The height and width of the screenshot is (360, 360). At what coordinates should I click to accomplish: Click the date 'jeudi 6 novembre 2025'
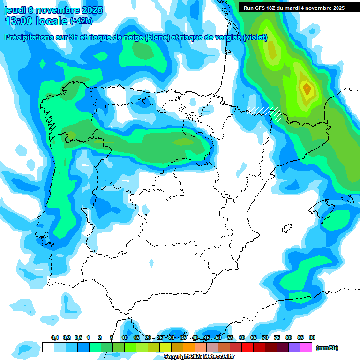tap(54, 9)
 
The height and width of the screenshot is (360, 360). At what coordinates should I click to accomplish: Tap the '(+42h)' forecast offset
tap(82, 21)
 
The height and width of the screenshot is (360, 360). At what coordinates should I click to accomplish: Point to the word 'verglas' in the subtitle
tap(226, 38)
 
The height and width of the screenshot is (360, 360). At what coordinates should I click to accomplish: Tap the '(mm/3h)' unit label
tap(327, 348)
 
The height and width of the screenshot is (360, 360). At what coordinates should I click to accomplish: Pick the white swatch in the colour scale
tap(48, 347)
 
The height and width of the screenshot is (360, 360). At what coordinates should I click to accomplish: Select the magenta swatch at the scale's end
tap(306, 347)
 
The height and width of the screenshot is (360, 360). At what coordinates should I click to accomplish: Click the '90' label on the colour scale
tap(312, 337)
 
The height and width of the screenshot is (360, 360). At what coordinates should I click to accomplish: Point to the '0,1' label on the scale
tap(54, 337)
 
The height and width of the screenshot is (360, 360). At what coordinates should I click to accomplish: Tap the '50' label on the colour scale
tap(218, 337)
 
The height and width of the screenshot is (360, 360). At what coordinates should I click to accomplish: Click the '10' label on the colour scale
tap(125, 337)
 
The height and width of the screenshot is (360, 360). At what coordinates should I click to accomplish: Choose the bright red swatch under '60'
tap(247, 347)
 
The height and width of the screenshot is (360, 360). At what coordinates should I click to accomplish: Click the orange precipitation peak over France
tap(307, 88)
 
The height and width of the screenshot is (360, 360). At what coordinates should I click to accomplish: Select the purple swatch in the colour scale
tap(294, 347)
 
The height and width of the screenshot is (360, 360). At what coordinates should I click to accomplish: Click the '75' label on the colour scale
tap(277, 337)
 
